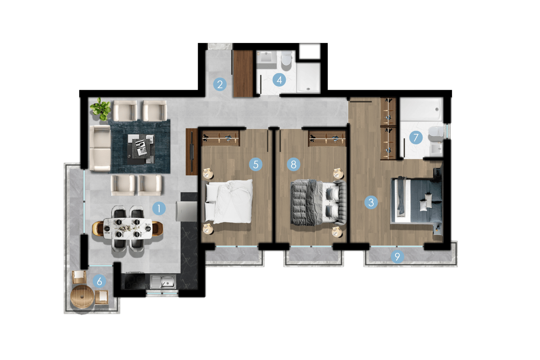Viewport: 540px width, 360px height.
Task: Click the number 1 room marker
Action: click(159, 208)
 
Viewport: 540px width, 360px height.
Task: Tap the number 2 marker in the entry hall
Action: click(220, 85)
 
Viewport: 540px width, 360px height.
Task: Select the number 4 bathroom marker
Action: click(279, 80)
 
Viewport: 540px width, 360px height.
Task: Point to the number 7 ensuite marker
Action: click(416, 137)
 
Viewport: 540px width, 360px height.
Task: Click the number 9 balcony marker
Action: click(397, 256)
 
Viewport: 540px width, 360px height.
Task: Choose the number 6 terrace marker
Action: click(99, 281)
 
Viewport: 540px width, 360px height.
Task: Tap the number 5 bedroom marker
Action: click(256, 164)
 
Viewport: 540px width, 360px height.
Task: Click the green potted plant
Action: click(101, 109)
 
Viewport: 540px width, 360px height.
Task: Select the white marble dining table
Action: click(128, 229)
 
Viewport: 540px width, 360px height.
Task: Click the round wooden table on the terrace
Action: click(82, 297)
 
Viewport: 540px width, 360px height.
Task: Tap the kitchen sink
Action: click(163, 282)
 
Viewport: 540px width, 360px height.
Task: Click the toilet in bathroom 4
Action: click(286, 58)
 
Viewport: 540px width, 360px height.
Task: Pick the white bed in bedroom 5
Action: click(229, 202)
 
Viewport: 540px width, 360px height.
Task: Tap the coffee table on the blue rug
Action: click(141, 149)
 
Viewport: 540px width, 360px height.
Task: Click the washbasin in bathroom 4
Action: click(266, 57)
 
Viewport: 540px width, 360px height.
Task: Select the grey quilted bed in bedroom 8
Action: click(318, 203)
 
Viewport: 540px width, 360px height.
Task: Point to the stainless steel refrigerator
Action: click(187, 211)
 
